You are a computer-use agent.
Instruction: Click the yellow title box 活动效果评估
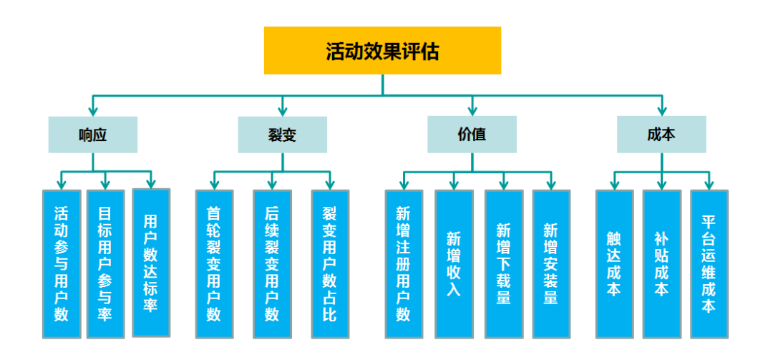382,51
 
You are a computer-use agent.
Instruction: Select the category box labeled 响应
93,135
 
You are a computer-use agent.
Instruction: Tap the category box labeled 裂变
282,135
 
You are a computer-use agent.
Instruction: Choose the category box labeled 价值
472,135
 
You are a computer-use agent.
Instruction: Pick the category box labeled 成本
661,135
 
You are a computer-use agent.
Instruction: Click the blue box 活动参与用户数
62,264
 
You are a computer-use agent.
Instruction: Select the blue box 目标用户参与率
105,264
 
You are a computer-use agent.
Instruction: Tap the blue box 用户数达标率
151,263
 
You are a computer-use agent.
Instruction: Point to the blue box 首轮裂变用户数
214,264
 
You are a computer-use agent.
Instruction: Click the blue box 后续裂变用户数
272,264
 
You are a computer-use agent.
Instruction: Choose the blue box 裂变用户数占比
330,264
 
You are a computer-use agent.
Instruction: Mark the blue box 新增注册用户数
404,264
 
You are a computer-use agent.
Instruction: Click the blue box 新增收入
454,264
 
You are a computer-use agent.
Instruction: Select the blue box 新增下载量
504,264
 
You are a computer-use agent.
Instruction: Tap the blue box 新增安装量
551,264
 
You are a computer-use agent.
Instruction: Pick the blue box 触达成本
614,264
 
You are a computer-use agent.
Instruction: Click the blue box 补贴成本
661,264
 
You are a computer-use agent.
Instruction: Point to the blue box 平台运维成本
709,264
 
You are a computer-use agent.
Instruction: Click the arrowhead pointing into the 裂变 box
282,111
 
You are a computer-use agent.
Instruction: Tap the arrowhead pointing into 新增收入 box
454,185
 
